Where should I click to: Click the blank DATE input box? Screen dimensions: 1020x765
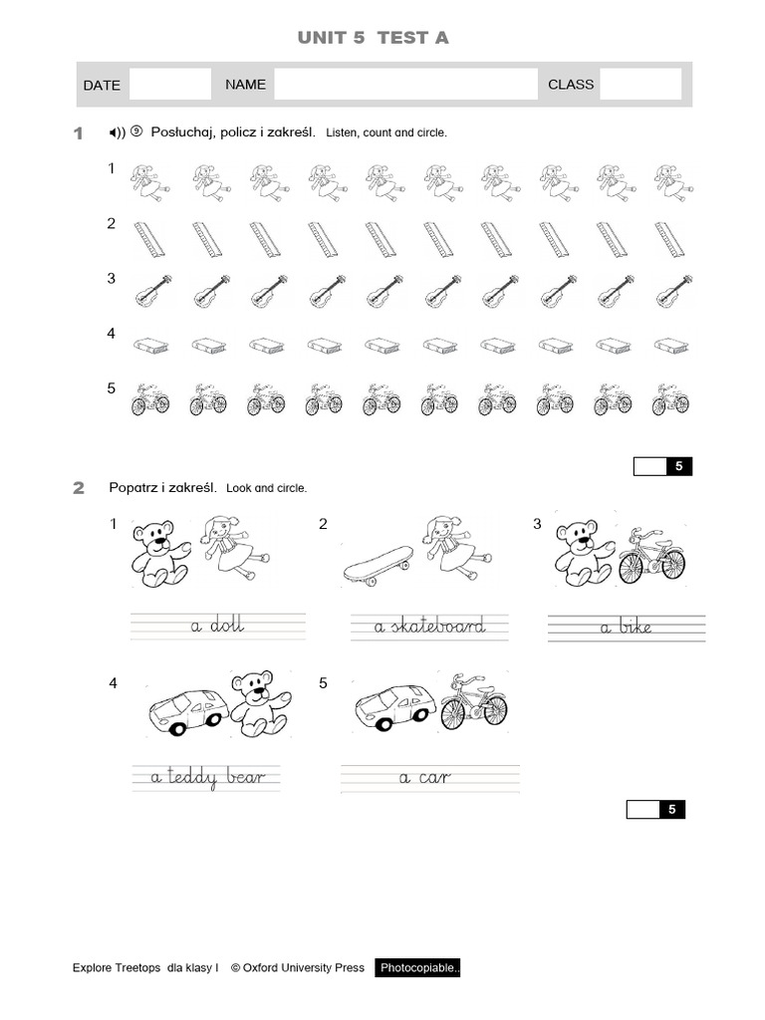point(170,85)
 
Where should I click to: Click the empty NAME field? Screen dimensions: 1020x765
point(405,85)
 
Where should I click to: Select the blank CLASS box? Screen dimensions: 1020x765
point(640,85)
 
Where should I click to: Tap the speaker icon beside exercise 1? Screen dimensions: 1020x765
point(118,132)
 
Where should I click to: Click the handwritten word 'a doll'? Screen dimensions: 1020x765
point(217,627)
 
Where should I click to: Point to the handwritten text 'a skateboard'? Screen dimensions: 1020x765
point(429,627)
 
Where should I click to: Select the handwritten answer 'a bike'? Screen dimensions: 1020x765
point(626,628)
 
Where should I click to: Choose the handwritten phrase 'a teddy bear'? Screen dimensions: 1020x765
point(208,778)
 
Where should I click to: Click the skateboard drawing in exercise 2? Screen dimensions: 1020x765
point(378,563)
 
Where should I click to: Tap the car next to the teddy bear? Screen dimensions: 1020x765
point(188,709)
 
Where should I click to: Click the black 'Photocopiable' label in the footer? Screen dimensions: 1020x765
point(417,968)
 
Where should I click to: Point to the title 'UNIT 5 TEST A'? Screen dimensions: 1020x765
point(374,38)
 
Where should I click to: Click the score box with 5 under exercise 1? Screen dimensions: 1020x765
point(662,466)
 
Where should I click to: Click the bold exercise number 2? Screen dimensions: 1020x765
point(79,488)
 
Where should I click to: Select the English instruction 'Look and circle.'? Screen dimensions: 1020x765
point(267,489)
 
